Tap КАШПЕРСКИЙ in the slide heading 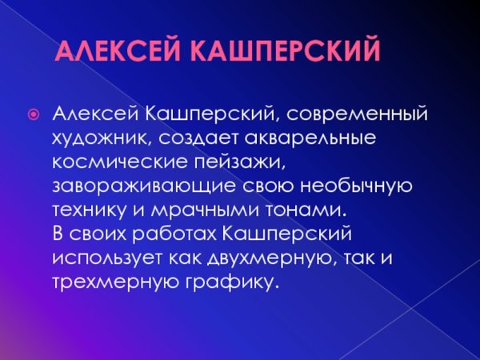click(x=285, y=54)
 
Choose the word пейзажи click(x=232, y=162)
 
